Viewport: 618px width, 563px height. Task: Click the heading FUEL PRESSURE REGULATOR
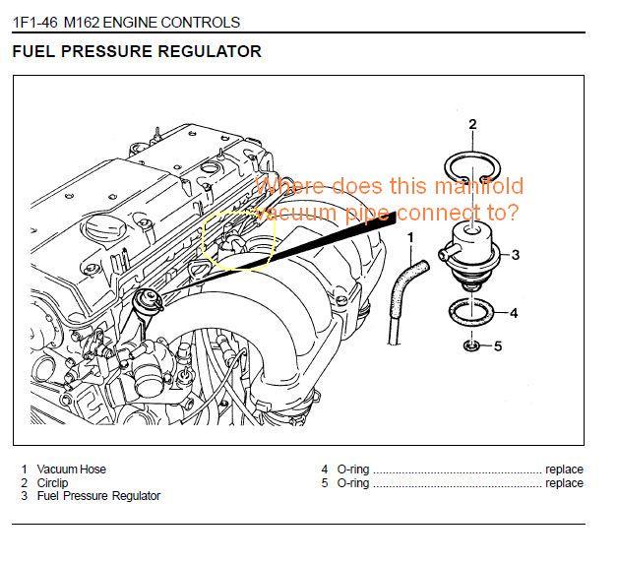point(137,51)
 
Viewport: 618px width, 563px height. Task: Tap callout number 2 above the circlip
point(472,124)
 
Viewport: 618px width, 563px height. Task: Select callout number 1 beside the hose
point(411,237)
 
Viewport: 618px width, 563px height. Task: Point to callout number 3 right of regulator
point(515,255)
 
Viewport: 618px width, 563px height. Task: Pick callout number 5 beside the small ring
point(498,345)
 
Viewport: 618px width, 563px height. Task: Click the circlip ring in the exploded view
point(473,168)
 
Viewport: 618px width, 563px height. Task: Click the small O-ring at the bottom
point(472,345)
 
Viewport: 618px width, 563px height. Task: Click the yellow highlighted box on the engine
point(238,240)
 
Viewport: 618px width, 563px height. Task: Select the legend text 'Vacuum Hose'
point(71,469)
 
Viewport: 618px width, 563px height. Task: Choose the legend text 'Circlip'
point(53,483)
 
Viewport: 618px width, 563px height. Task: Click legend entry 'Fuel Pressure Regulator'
point(98,496)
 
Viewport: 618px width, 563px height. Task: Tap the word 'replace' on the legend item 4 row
point(564,469)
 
